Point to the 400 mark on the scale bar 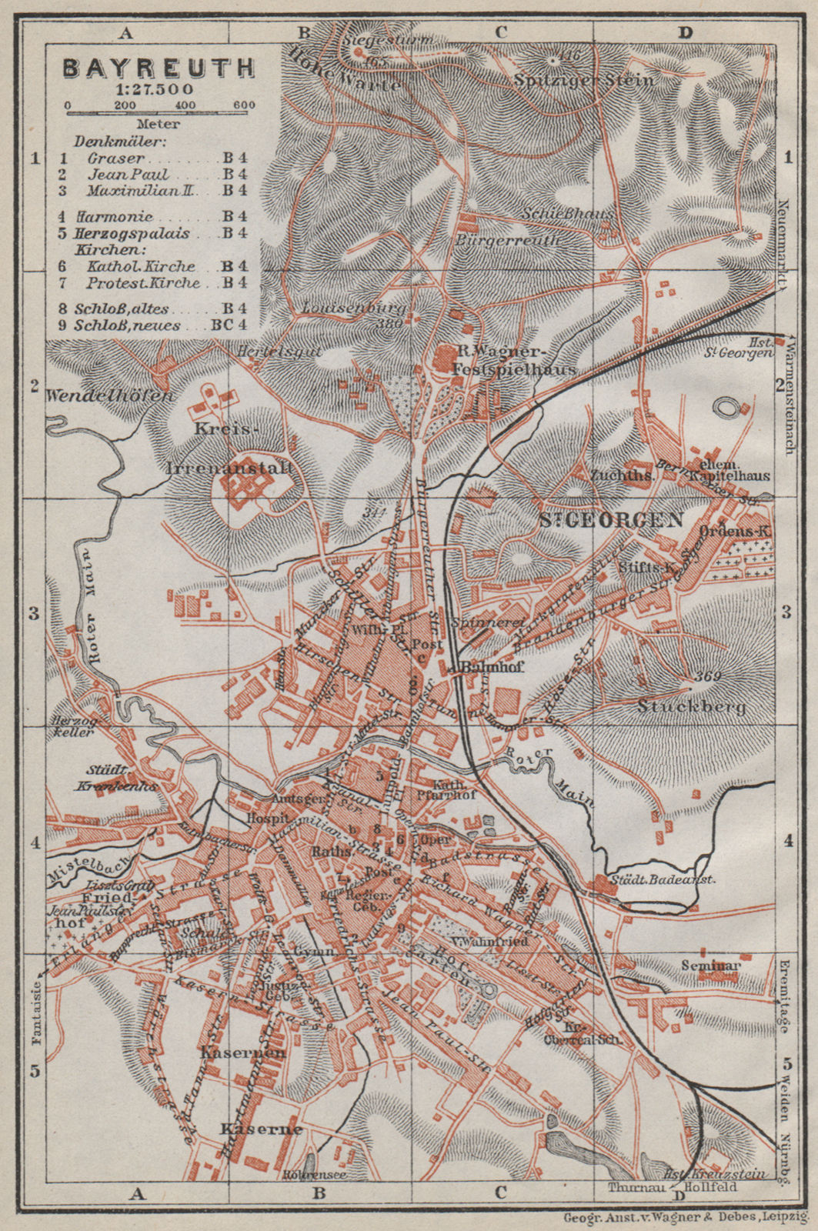click(184, 105)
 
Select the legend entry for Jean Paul click(128, 174)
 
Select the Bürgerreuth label click(509, 239)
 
